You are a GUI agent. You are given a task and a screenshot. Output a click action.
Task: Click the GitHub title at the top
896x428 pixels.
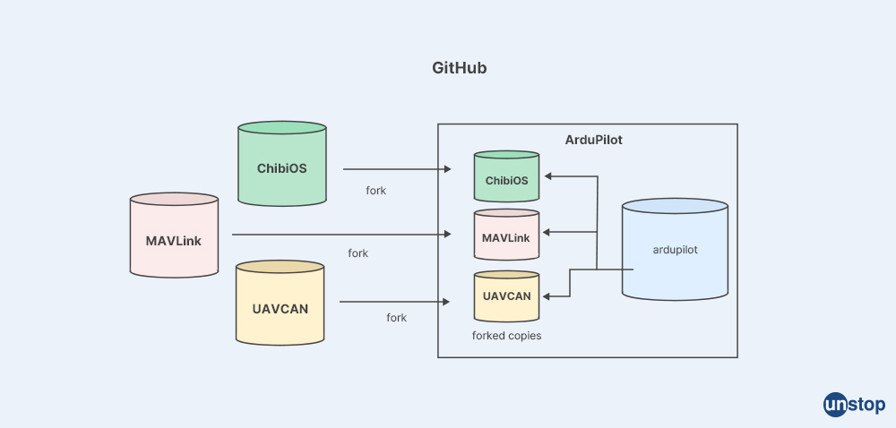[x=459, y=68]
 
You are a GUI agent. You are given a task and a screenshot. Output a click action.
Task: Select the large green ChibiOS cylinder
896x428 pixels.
[x=281, y=166]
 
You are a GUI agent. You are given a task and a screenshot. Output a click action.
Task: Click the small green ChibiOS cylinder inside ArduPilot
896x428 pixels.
[x=506, y=179]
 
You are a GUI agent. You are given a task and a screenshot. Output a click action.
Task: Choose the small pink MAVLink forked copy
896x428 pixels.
[x=506, y=236]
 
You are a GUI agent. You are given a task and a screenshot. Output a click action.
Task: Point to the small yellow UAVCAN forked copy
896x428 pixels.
[x=506, y=295]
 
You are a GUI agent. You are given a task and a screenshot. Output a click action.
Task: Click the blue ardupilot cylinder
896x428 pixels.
[x=675, y=251]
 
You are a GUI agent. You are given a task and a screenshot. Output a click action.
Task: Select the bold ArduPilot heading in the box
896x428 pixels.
[x=593, y=140]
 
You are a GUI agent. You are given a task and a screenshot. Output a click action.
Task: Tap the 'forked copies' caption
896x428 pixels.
[x=506, y=336]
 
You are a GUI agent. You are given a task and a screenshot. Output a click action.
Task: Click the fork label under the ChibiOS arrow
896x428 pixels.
[x=375, y=191]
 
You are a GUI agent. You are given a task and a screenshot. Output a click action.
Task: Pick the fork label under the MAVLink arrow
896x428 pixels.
[x=358, y=253]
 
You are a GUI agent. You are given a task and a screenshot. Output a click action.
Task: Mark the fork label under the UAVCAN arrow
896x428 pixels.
[x=396, y=318]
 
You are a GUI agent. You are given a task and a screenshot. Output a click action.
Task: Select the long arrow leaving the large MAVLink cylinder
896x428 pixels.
[x=340, y=235]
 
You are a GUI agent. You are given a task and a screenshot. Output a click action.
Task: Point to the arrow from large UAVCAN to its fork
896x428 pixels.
[x=394, y=303]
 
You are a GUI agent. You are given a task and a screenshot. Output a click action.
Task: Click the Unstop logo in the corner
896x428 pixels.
[x=854, y=405]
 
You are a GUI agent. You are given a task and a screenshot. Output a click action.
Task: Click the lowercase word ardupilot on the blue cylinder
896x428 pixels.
[x=675, y=250]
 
